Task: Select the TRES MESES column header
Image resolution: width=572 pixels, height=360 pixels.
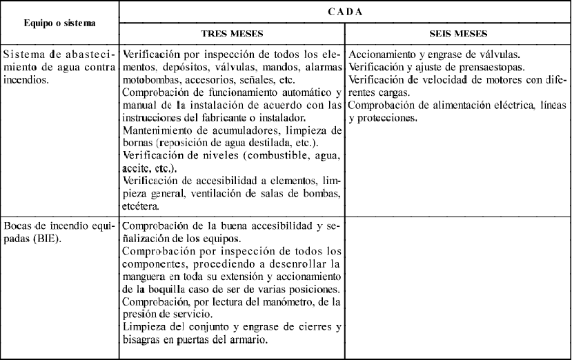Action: [x=232, y=32]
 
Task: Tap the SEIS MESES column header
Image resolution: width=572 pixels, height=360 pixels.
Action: [x=457, y=32]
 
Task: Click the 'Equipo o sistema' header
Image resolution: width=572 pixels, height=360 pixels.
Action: [x=59, y=22]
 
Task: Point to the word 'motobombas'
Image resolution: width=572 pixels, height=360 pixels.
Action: [x=150, y=79]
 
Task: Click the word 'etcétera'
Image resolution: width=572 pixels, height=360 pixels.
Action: [x=141, y=206]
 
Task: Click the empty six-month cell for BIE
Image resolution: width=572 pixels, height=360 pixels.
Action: [x=457, y=286]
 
